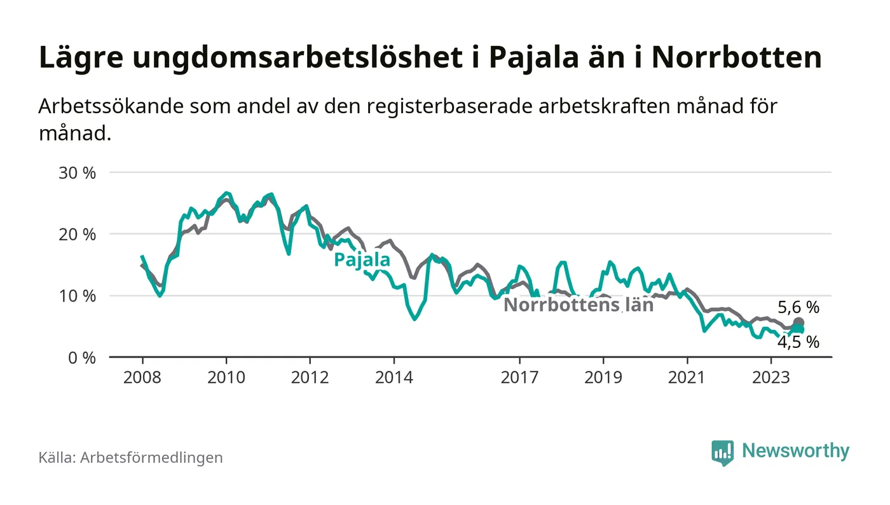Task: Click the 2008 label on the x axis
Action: tap(142, 377)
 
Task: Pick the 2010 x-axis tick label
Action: tap(226, 377)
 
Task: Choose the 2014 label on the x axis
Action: tap(395, 377)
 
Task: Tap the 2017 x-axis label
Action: tap(520, 377)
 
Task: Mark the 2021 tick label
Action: tap(687, 377)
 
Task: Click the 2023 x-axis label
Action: tap(771, 377)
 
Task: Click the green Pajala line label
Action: tap(362, 259)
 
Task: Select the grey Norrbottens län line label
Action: tap(578, 305)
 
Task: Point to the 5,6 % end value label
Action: tap(798, 308)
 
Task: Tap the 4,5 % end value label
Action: tap(798, 342)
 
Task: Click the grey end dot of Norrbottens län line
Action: tap(798, 323)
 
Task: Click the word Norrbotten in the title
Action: tap(736, 58)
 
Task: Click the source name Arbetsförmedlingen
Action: tap(151, 457)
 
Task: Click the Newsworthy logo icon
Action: tap(722, 452)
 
